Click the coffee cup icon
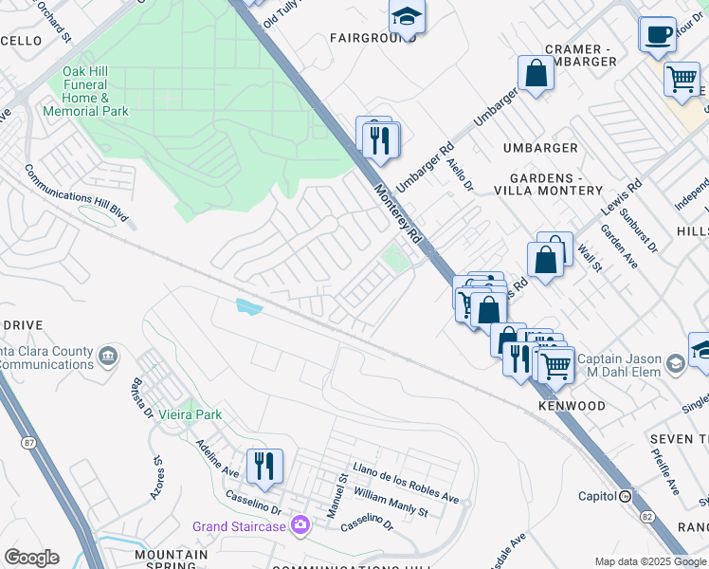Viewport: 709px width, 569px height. point(658,35)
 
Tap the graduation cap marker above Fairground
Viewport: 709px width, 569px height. point(407,17)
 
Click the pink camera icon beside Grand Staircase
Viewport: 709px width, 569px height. point(300,524)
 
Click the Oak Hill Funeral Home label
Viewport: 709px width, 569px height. point(86,91)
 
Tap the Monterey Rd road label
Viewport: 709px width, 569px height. point(396,214)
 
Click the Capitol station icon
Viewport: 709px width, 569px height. point(625,496)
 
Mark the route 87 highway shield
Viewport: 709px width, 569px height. point(28,442)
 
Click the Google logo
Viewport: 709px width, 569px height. point(31,557)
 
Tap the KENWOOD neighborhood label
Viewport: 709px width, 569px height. point(572,406)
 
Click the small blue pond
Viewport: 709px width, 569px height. point(246,305)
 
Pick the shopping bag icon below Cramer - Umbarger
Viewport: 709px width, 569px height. point(536,72)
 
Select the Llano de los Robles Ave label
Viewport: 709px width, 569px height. point(405,483)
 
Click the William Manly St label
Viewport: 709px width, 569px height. point(391,503)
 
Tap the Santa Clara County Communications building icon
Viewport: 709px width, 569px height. point(108,356)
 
